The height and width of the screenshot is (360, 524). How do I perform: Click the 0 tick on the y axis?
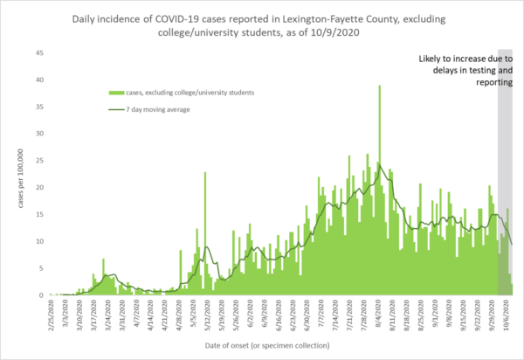tap(40, 295)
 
